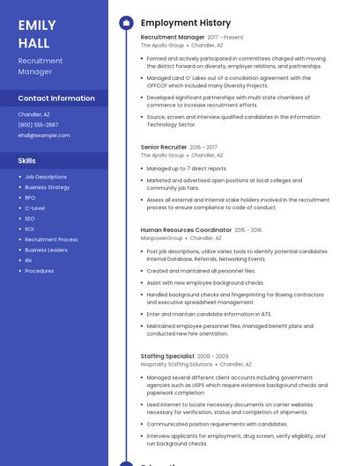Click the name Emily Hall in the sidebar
pyautogui.click(x=37, y=33)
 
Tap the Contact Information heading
pyautogui.click(x=56, y=98)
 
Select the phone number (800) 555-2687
pyautogui.click(x=38, y=125)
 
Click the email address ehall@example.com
pyautogui.click(x=44, y=135)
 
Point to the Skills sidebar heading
pyautogui.click(x=27, y=161)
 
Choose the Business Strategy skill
pyautogui.click(x=48, y=187)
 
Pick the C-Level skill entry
pyautogui.click(x=35, y=208)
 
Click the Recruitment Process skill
pyautogui.click(x=51, y=239)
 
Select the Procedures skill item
pyautogui.click(x=40, y=271)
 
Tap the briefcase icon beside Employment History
pyautogui.click(x=126, y=22)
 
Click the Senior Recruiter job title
pyautogui.click(x=164, y=147)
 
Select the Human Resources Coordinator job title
pyautogui.click(x=186, y=229)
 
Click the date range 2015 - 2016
pyautogui.click(x=248, y=229)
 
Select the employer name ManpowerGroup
pyautogui.click(x=161, y=237)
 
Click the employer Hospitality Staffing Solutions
pyautogui.click(x=176, y=364)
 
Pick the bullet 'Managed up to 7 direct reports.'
pyautogui.click(x=187, y=168)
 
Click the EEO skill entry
pyautogui.click(x=30, y=219)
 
